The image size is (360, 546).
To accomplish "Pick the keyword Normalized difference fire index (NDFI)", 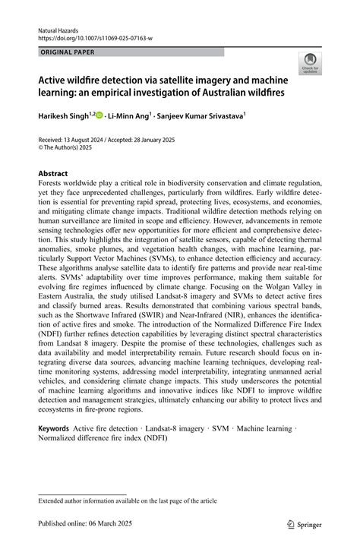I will coord(103,438).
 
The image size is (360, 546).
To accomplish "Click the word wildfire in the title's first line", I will coord(91,80).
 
